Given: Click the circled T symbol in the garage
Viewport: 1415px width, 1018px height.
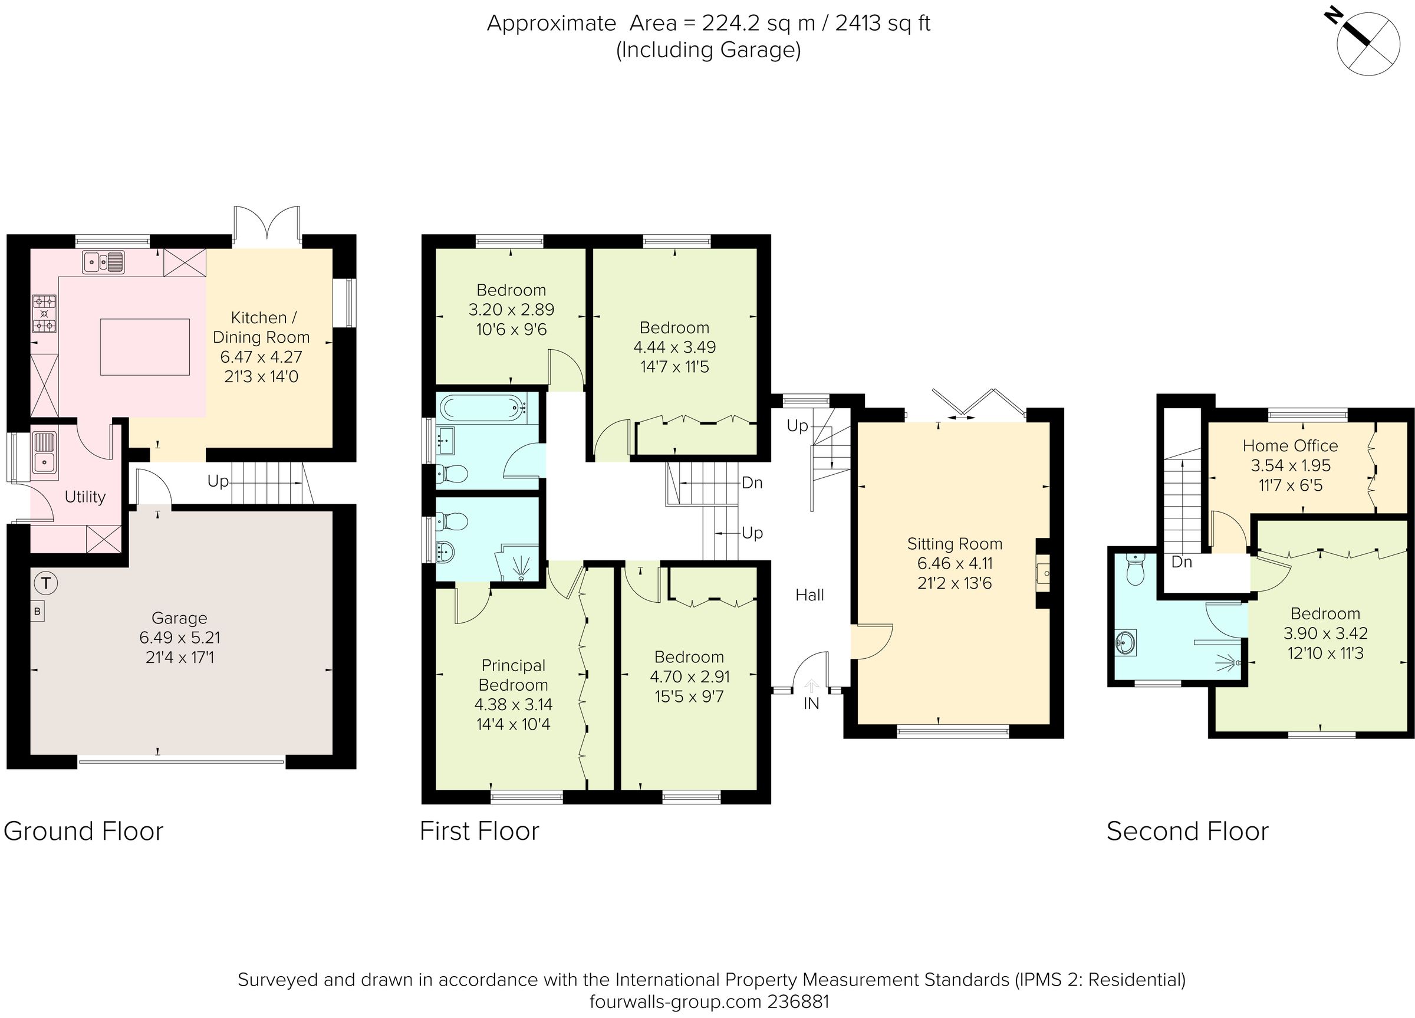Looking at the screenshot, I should click(45, 583).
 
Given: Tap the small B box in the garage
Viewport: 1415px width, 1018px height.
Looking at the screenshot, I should click(37, 612).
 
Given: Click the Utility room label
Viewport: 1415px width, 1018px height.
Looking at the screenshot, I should click(85, 497).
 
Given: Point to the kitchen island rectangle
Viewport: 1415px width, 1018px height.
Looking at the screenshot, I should click(145, 347).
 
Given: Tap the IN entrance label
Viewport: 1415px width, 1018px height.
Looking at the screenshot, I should click(811, 704).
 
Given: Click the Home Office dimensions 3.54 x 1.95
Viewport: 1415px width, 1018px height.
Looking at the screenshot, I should click(1290, 465).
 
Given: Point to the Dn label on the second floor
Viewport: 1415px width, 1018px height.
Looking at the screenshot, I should click(1182, 561).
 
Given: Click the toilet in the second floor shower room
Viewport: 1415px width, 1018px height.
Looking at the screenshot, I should click(1135, 570).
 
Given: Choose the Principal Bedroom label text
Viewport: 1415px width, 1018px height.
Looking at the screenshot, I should click(513, 675).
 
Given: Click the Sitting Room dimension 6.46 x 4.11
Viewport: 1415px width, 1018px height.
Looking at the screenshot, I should click(954, 563).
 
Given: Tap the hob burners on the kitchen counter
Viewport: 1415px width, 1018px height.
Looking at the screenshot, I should click(44, 313).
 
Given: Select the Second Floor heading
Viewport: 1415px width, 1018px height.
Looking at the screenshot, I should click(1187, 832).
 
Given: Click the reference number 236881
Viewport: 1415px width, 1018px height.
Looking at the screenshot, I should click(798, 1001).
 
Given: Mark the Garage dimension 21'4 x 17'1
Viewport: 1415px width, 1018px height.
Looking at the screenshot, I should click(180, 657).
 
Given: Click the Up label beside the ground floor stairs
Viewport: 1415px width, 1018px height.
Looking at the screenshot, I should click(218, 481).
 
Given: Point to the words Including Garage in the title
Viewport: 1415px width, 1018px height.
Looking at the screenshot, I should click(708, 50).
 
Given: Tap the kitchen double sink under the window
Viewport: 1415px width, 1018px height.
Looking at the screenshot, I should click(104, 261).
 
